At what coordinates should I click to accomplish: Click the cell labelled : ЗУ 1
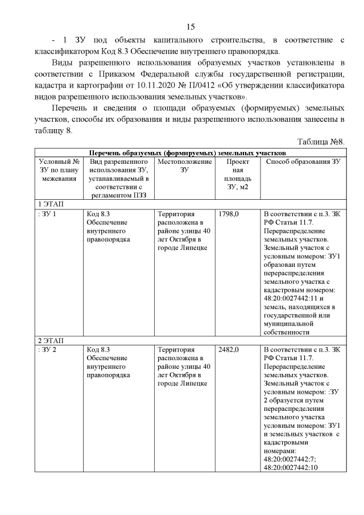pos(46,213)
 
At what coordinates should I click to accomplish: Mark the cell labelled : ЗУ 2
pos(46,349)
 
